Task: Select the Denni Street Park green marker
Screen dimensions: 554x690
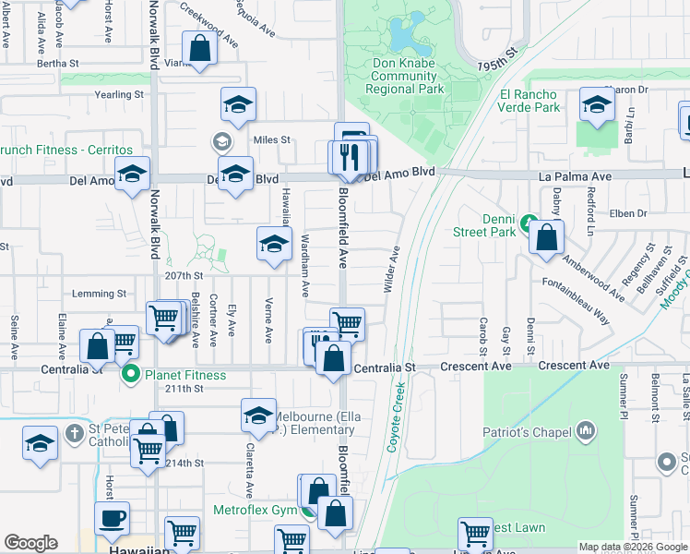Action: [528, 223]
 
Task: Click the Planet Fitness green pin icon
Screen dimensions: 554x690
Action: [132, 375]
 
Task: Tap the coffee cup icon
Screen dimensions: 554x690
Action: [113, 519]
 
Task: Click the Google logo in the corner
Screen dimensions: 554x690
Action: [30, 543]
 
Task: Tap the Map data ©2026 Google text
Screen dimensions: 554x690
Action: [632, 547]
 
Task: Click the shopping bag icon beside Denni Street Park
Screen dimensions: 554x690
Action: [548, 238]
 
